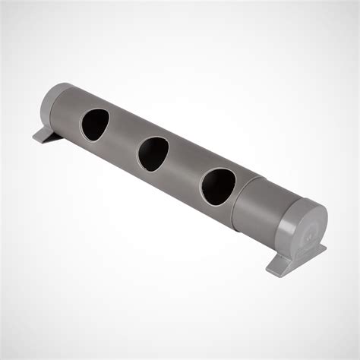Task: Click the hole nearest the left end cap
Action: (x=95, y=124)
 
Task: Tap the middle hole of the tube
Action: (x=154, y=153)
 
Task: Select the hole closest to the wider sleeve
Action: (x=218, y=185)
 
